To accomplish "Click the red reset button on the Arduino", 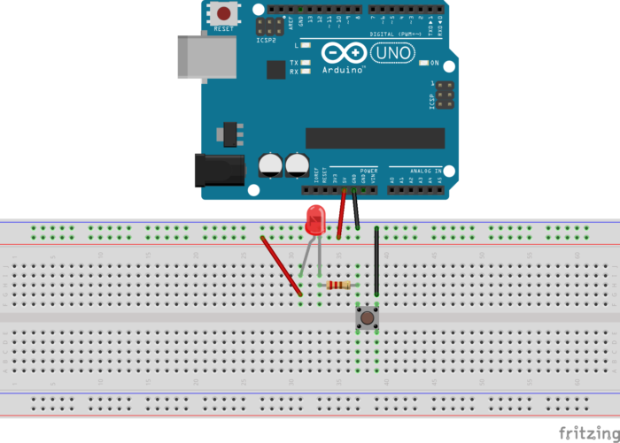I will pos(226,14).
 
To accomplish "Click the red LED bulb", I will pos(314,218).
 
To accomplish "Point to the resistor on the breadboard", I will pos(337,285).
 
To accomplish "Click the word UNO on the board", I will pos(391,53).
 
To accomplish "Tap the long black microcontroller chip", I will pos(375,138).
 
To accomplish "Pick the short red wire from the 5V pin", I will pos(341,217).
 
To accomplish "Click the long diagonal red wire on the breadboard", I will pos(281,264).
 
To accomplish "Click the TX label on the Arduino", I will pos(293,63).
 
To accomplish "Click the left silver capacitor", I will pos(270,165).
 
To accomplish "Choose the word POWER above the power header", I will pos(368,170).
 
